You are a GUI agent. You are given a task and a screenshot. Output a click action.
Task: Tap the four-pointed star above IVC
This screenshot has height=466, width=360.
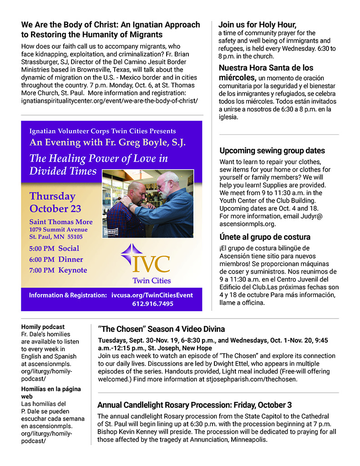pos(130,252)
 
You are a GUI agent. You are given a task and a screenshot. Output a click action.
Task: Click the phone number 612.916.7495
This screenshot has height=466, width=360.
pos(152,304)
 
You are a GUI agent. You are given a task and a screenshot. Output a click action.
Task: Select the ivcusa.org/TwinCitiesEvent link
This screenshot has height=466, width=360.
pos(152,295)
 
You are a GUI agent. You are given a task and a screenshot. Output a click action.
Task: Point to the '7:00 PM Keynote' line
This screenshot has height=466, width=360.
pos(58,270)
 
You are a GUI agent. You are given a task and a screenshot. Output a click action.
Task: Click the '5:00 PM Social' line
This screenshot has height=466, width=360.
pos(54,248)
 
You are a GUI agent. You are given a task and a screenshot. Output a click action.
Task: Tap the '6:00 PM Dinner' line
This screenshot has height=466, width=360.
pos(56,259)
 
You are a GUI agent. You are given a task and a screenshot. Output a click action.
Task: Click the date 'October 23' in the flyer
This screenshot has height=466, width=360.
pos(56,209)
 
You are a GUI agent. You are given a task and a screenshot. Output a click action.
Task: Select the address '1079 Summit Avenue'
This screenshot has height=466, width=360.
pos(58,229)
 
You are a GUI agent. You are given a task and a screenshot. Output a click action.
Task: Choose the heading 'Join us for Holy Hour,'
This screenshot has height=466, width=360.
pos(257,25)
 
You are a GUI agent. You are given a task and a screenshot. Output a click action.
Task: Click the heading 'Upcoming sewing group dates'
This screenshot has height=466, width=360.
pos(272,151)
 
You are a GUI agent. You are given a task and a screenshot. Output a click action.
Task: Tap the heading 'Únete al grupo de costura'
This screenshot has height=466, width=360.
pos(265,237)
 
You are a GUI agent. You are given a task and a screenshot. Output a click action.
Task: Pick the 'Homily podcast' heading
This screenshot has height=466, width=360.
pos(43,327)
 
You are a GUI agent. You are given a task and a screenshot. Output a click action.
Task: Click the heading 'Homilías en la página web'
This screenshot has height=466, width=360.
pos(51,392)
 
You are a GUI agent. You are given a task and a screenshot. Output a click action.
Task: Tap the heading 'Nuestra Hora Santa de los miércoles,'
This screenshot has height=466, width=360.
pos(266,72)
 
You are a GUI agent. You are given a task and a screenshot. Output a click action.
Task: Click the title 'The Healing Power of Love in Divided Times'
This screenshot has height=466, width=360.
pos(99,164)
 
